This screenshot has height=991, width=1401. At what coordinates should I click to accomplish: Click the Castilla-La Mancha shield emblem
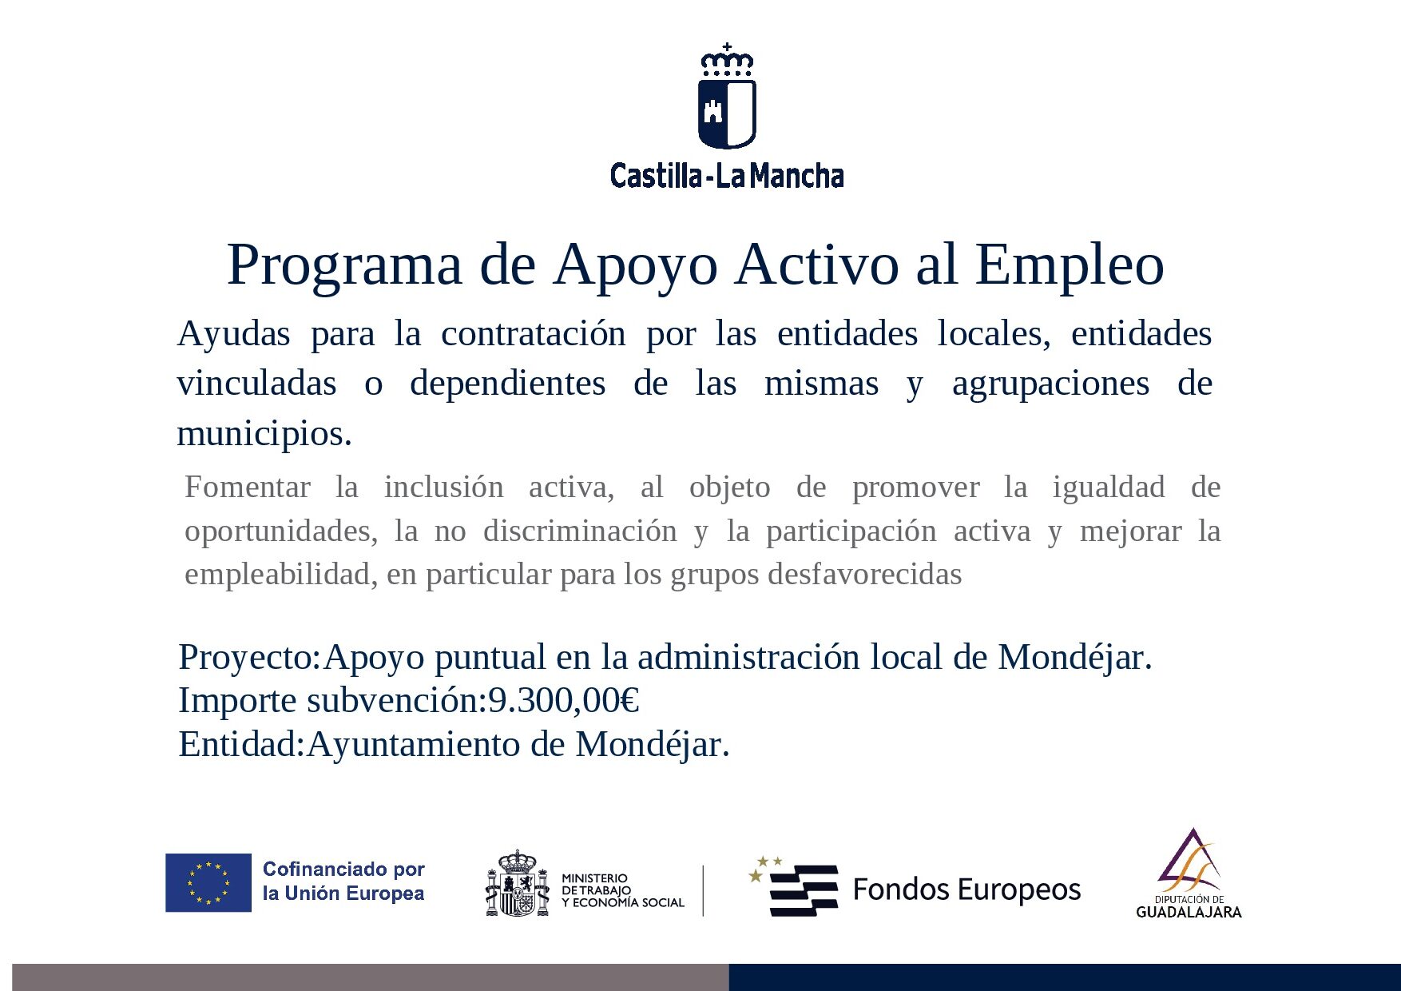coord(727,97)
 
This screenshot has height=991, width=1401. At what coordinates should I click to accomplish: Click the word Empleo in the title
coord(1070,265)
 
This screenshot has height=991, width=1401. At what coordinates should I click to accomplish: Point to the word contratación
coord(534,333)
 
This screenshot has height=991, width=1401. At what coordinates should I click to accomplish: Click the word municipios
coord(264,434)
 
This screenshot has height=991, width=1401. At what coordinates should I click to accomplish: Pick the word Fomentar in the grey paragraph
coord(248,487)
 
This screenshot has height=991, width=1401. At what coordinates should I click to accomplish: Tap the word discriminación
coord(580,531)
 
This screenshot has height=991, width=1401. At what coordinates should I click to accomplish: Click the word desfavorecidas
coord(864,574)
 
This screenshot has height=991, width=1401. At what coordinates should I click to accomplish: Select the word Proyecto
coord(249,658)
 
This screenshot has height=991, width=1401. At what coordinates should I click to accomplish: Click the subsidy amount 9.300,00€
coord(564,701)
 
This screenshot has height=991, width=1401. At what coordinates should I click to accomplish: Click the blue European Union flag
coord(208,882)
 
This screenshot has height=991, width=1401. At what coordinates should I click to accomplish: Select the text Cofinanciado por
coord(343,869)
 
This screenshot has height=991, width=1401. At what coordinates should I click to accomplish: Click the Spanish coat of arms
coord(518,883)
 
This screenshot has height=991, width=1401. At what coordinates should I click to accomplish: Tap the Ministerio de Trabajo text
coord(622,890)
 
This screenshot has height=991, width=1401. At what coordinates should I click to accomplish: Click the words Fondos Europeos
coord(966,890)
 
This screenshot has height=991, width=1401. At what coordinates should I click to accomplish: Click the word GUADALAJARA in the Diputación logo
coord(1189,912)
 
